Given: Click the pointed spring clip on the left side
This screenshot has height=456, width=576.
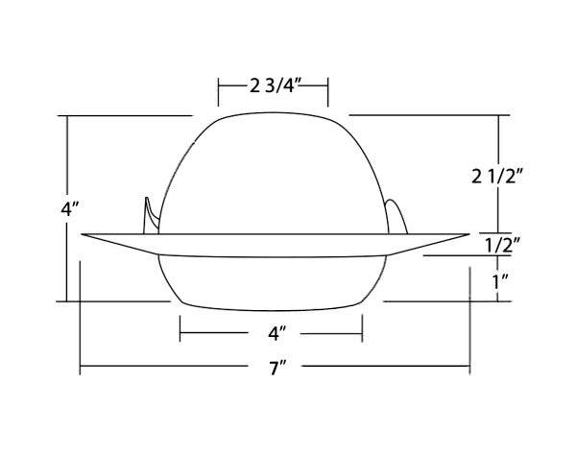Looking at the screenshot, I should (x=150, y=215).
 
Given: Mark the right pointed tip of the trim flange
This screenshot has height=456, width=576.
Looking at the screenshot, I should (x=469, y=233).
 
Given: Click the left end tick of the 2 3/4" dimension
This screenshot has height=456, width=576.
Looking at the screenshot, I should (x=219, y=93).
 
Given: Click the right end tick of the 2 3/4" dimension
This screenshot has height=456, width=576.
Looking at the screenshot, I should (x=329, y=93).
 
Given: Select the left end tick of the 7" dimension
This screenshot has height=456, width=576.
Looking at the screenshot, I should (x=81, y=368).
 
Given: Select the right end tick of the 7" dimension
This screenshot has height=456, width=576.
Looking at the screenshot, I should (x=469, y=368).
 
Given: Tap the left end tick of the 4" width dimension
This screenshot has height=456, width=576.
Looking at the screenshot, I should (x=180, y=334).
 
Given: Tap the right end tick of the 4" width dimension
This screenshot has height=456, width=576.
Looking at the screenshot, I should (x=363, y=334).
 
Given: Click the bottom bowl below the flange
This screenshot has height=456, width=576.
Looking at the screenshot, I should (x=274, y=283).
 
